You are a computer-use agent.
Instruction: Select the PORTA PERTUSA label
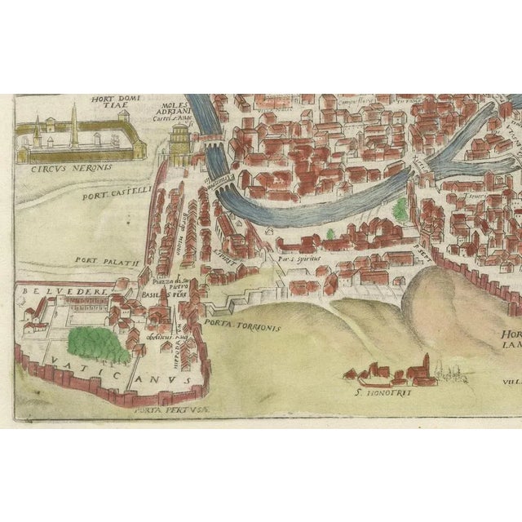[167, 412]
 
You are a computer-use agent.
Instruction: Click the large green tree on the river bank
[400, 210]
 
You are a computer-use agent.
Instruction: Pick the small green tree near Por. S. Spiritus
[330, 233]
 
